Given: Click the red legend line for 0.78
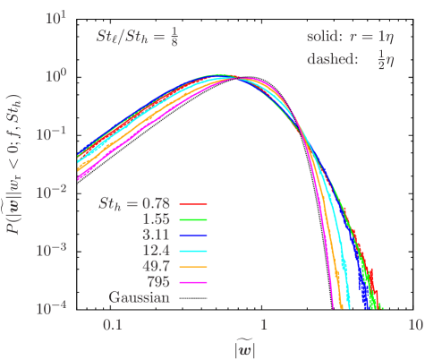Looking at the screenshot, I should (193, 203).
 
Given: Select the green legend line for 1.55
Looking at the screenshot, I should (193, 219).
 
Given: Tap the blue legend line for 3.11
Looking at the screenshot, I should (193, 235).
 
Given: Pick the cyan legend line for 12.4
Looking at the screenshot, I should (193, 251).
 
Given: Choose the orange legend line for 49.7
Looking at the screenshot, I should (193, 267).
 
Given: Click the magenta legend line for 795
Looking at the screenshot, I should (193, 282).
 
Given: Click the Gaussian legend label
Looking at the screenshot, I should (140, 297).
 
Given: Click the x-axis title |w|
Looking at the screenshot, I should (243, 347).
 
